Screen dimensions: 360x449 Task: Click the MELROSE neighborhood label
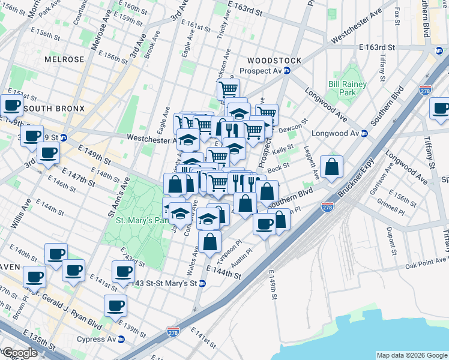(x=64, y=59)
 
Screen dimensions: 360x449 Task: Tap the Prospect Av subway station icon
(x=287, y=71)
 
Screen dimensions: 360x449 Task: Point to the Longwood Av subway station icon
(x=363, y=133)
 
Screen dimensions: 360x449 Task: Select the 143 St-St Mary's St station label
(x=163, y=283)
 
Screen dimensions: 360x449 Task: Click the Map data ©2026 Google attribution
(x=412, y=355)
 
